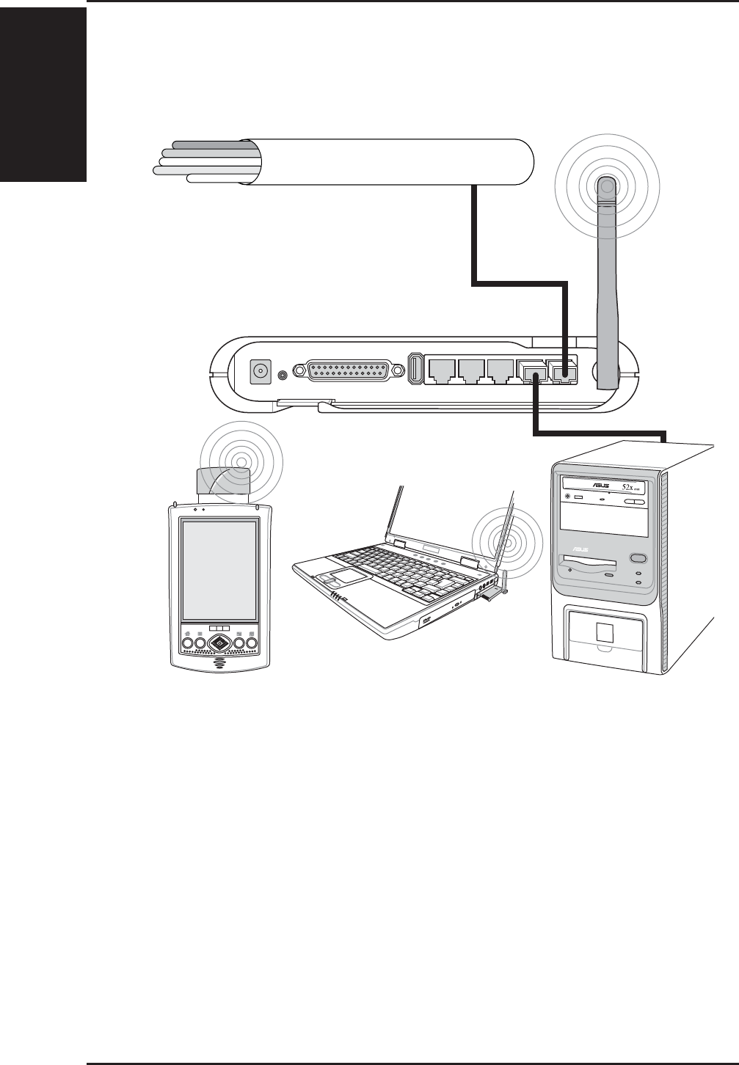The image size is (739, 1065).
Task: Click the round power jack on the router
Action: click(x=259, y=372)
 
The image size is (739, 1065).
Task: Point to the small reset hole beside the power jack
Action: click(x=282, y=374)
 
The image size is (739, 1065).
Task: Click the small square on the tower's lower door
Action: click(x=606, y=631)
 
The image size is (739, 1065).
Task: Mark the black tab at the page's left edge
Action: click(x=43, y=92)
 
